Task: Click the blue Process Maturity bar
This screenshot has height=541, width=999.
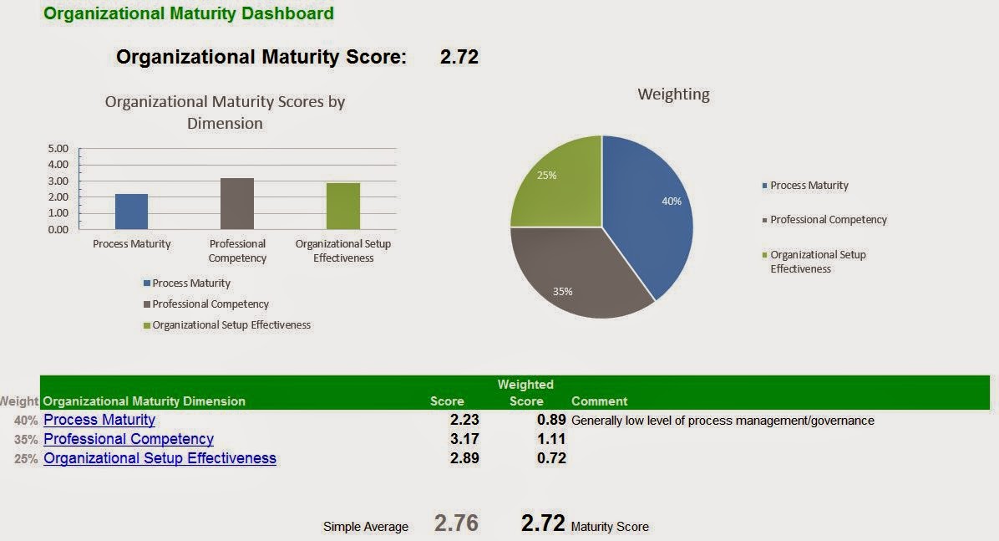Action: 131,212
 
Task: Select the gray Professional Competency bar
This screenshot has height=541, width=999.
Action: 237,204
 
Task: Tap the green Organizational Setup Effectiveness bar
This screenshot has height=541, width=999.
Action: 343,207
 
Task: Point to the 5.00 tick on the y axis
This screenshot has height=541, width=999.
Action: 58,149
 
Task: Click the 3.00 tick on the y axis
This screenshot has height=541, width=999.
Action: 58,181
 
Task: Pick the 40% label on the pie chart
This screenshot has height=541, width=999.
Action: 672,202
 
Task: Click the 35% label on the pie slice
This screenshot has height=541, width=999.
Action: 562,292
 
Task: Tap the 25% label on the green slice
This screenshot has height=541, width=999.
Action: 546,176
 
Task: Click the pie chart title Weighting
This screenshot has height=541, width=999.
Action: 673,94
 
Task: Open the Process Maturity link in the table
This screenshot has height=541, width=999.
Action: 99,420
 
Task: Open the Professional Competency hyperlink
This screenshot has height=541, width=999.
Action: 129,439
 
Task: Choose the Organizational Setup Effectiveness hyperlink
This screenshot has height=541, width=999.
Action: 160,458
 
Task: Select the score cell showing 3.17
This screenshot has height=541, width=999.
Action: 464,439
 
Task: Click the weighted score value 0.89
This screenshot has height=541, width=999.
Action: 551,420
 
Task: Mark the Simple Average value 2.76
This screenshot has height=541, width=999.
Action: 456,523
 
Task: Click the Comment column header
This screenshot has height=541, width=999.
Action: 599,401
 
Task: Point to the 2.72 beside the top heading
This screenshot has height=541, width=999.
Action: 459,58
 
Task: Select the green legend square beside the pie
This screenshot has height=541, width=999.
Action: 765,255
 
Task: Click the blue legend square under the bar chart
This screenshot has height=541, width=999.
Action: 147,283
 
